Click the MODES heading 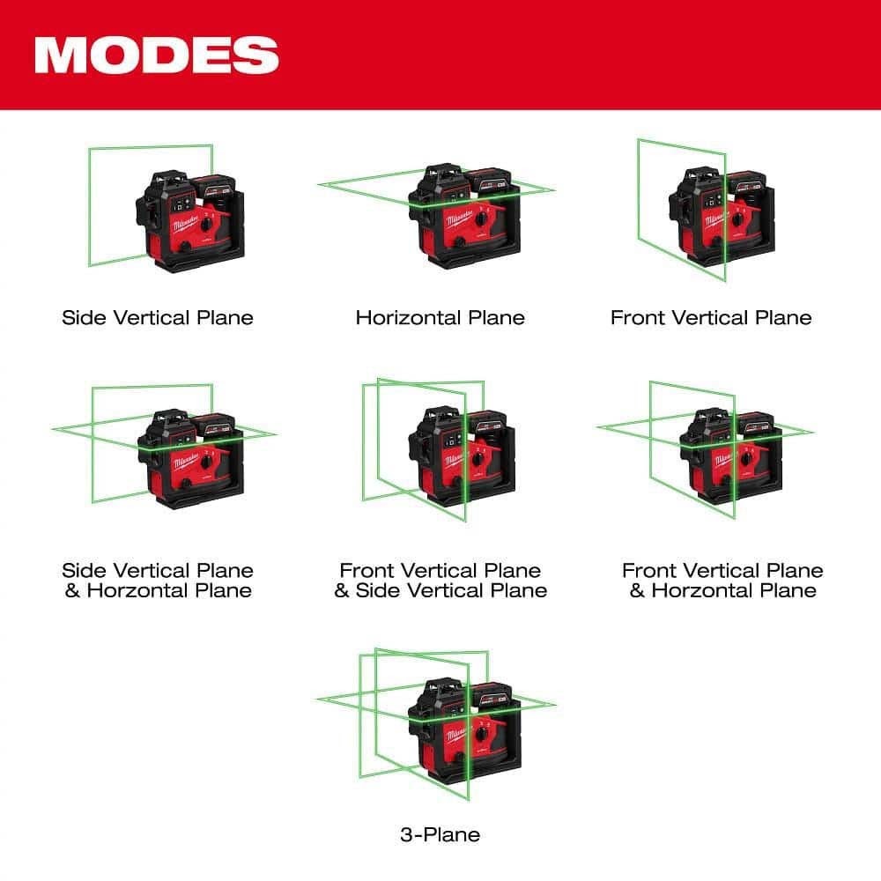pos(156,55)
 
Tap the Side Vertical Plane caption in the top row pos(158,317)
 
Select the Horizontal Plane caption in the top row pos(440,317)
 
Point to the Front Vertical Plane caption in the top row pos(711,317)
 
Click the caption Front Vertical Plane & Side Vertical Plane pos(440,581)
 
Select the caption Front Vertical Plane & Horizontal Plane pos(722,581)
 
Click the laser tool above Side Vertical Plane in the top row pos(188,218)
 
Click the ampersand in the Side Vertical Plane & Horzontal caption pos(73,590)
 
